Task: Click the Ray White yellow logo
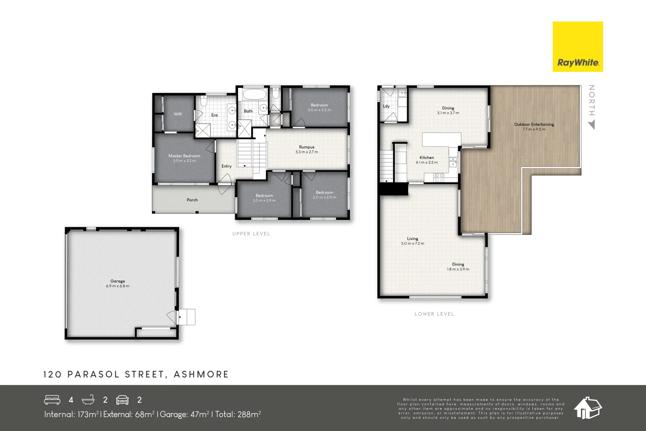click(x=577, y=47)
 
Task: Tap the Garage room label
click(x=118, y=281)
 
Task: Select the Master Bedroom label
click(x=184, y=156)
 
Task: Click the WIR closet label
click(x=178, y=114)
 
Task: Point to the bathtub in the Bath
click(x=254, y=95)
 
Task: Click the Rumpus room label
click(x=307, y=147)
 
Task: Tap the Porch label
click(x=192, y=200)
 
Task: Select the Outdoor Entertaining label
click(x=534, y=125)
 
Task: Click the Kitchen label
click(x=427, y=158)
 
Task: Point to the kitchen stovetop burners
click(x=439, y=178)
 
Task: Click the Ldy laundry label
click(x=386, y=106)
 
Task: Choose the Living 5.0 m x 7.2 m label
click(x=413, y=241)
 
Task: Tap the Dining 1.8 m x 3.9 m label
click(x=458, y=267)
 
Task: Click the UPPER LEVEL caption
click(x=251, y=234)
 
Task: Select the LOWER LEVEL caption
click(x=434, y=314)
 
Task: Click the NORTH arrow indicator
click(x=591, y=125)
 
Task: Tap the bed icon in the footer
click(x=52, y=400)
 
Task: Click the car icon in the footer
click(x=122, y=400)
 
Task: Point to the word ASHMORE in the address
click(x=201, y=374)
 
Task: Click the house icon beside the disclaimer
click(x=588, y=408)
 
